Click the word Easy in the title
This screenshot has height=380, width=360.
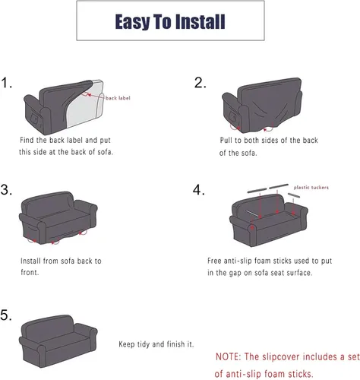click(132, 22)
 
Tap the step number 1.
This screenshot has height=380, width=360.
click(7, 83)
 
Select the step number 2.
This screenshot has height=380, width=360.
click(200, 83)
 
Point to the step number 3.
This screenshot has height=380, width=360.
click(6, 190)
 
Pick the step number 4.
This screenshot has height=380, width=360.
click(199, 190)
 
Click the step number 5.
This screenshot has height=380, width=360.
click(6, 315)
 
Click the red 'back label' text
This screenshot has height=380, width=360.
click(118, 98)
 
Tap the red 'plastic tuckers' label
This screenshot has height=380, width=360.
click(311, 188)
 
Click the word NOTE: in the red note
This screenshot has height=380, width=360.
click(228, 356)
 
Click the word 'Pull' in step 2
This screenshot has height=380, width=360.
click(226, 140)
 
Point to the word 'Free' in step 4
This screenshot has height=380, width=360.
click(214, 261)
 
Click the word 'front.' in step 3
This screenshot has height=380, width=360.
click(30, 273)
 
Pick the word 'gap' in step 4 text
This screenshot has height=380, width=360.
click(235, 273)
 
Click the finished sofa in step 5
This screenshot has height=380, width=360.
click(58, 340)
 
